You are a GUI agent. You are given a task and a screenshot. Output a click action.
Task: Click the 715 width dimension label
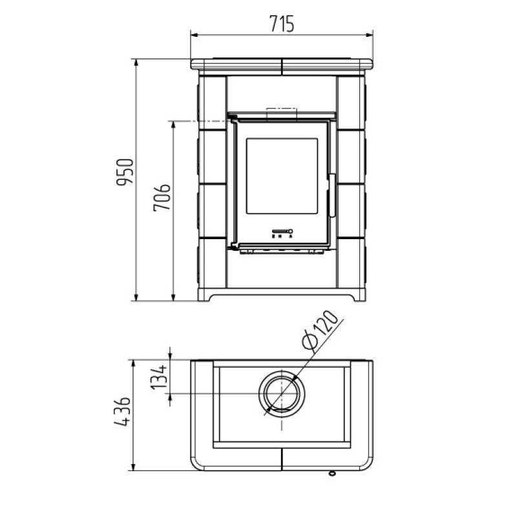click(282, 23)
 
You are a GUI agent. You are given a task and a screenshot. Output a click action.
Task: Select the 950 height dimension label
click(125, 172)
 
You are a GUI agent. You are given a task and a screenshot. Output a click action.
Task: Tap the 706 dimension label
click(162, 197)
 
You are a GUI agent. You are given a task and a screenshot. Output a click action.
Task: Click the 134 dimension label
click(159, 377)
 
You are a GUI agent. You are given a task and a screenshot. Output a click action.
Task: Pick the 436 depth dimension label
click(122, 412)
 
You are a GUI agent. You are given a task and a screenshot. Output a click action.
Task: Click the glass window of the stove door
click(282, 176)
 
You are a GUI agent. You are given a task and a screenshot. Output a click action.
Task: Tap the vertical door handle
click(332, 195)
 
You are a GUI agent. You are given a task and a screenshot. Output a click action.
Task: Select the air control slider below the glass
click(282, 231)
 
